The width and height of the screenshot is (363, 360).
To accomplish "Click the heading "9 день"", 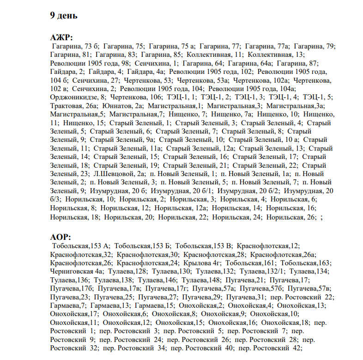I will point(64,16).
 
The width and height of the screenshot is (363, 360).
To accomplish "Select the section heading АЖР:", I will point(61,38).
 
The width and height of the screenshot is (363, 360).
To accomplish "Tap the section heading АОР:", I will point(60,238).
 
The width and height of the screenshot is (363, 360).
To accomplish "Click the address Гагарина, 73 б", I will point(74,46).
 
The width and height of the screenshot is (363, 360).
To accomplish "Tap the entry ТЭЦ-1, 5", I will point(317,97).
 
